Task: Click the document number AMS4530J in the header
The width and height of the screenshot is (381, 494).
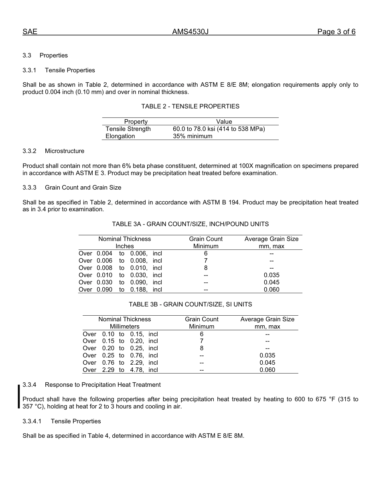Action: [190, 32]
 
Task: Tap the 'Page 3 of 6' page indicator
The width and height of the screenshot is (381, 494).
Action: [336, 32]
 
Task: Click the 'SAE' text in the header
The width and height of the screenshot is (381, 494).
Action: [30, 32]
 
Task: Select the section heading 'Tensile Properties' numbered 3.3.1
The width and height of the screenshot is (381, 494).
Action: [70, 70]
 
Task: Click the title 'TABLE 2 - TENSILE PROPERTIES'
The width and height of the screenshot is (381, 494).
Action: [190, 106]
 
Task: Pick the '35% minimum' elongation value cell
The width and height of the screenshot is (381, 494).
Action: [193, 136]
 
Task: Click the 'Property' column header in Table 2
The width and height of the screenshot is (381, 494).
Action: [136, 122]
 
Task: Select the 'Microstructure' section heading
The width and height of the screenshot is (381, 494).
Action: [64, 151]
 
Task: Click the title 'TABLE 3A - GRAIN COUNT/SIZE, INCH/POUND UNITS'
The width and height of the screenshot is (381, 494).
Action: [190, 224]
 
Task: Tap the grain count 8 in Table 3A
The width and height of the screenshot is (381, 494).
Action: [206, 268]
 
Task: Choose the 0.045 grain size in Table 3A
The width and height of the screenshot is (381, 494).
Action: [272, 282]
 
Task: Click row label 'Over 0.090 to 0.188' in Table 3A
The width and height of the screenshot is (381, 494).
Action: [120, 290]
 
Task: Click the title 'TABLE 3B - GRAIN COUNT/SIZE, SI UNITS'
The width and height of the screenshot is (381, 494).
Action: [190, 304]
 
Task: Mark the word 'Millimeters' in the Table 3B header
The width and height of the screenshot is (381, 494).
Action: [125, 327]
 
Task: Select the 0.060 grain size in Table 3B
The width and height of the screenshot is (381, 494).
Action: [268, 370]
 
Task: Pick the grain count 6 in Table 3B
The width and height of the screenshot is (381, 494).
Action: [202, 334]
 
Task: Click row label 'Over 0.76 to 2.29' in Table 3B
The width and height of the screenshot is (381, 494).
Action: [120, 363]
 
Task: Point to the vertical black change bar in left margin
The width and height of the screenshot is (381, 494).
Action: [18, 396]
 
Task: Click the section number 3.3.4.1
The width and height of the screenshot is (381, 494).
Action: [32, 421]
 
